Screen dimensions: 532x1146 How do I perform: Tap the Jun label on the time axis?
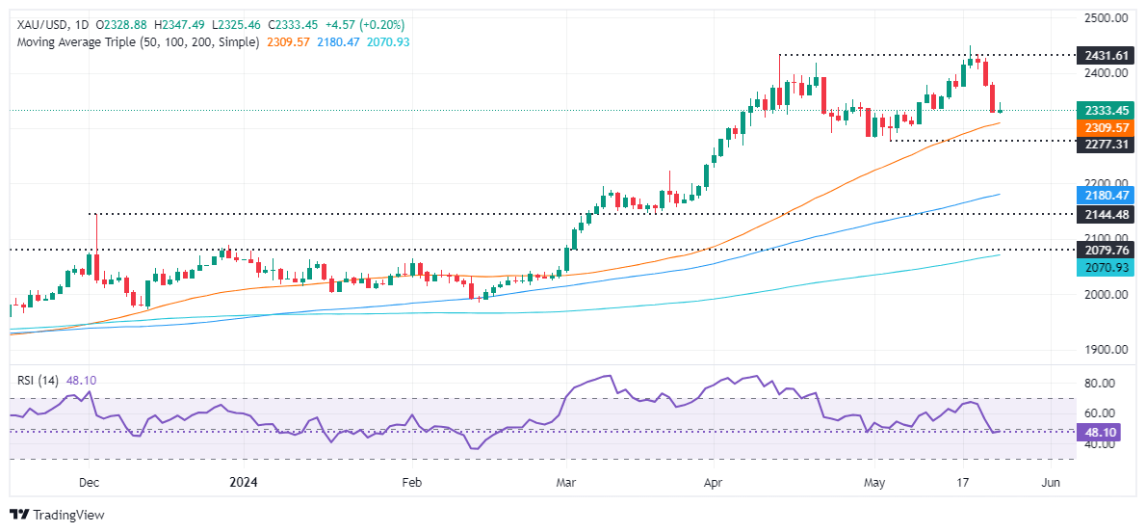(x=1052, y=482)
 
